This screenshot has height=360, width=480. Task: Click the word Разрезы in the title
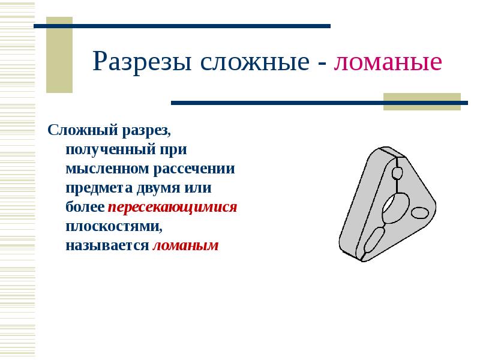(142, 62)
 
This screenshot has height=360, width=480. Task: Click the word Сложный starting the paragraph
(83, 130)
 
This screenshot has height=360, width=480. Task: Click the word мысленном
(107, 169)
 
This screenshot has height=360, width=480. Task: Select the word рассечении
(194, 169)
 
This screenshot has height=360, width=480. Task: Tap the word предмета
(99, 188)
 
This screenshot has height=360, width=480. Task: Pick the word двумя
(158, 188)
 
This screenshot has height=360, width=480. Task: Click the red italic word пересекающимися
(172, 207)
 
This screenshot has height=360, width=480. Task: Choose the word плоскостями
(114, 227)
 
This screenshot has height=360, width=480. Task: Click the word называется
(107, 245)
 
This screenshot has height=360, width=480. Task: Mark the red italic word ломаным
(185, 245)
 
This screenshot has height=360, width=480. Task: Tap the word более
(85, 207)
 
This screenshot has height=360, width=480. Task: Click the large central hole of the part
(395, 208)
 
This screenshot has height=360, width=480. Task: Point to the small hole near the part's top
(397, 173)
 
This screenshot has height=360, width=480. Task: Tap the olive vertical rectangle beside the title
(59, 55)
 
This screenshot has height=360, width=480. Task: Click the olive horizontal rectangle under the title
(422, 101)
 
